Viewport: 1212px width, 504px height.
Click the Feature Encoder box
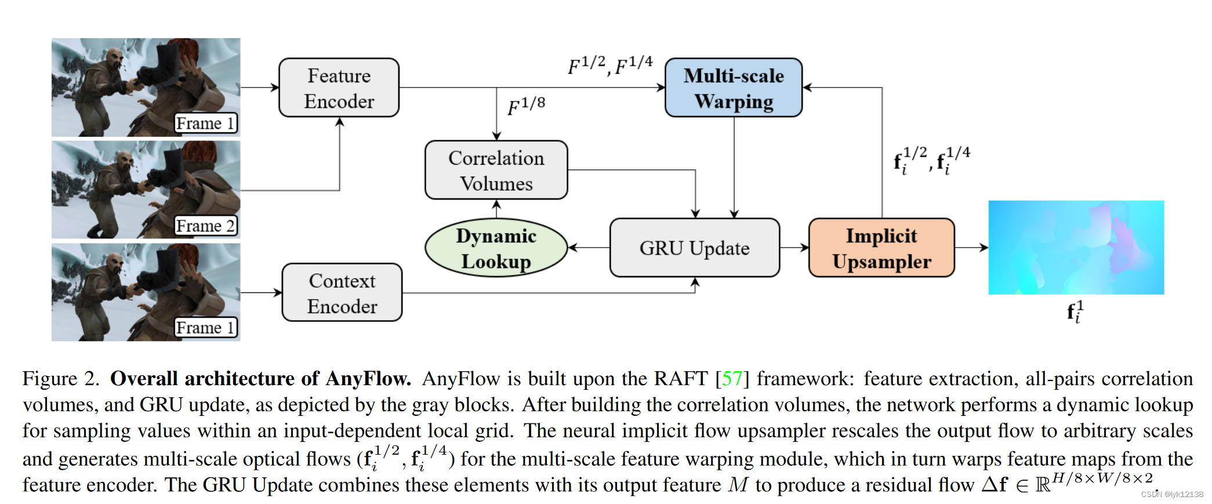pos(339,88)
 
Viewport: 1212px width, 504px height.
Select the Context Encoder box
pos(342,292)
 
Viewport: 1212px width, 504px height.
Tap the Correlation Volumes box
pos(496,170)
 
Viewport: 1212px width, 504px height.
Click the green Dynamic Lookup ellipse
pos(496,248)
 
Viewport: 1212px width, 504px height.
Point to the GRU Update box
pos(694,248)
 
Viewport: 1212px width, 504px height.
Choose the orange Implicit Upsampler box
pos(881,248)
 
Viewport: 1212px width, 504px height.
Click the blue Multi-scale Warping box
pos(733,88)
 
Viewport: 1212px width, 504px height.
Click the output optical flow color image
pos(1076,247)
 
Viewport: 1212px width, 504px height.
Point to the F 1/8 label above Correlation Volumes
pos(526,106)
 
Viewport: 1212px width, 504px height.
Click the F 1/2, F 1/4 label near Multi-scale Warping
pos(610,65)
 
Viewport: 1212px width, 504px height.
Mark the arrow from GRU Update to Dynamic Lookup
pos(589,248)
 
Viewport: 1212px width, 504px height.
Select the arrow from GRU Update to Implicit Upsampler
pos(794,248)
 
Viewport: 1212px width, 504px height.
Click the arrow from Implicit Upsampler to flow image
pos(971,248)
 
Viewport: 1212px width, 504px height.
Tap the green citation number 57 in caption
pos(732,379)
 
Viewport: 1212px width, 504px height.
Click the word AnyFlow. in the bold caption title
pos(368,379)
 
